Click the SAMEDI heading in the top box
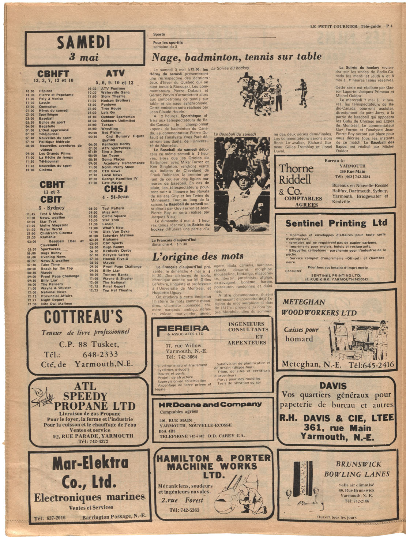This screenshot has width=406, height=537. (x=83, y=42)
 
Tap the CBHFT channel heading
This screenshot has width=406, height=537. (x=53, y=74)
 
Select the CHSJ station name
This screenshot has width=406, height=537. (x=116, y=189)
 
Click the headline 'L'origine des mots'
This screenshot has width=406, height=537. (x=198, y=256)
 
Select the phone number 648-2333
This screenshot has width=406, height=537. (x=100, y=354)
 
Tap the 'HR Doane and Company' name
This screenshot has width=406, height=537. (x=210, y=405)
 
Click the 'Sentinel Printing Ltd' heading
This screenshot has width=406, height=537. (x=336, y=223)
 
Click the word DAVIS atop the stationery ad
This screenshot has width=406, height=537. (x=333, y=386)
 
